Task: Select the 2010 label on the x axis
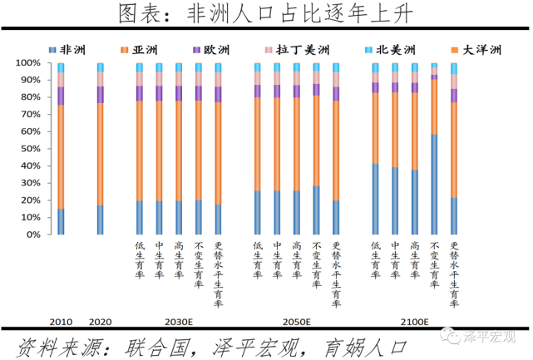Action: coord(61,322)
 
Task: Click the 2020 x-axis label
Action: coord(100,322)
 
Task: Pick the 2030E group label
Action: coord(179,322)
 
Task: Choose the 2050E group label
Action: coord(296,322)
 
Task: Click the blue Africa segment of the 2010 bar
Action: coord(61,222)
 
